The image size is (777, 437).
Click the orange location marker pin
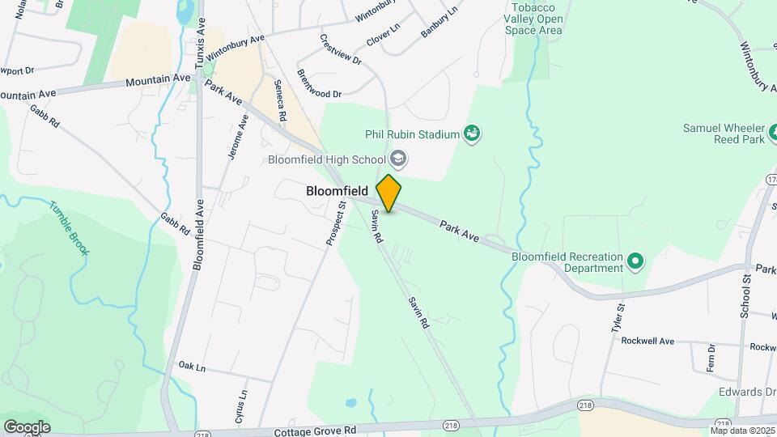[x=389, y=193]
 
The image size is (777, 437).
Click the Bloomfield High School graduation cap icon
[x=397, y=158]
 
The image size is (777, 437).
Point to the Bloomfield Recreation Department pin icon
[x=635, y=261]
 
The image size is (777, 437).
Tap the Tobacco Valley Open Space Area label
[x=533, y=19]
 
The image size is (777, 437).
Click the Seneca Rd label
[x=280, y=100]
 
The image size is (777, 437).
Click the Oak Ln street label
[x=193, y=367]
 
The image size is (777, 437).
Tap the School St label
[x=745, y=295]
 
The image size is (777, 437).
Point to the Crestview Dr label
[x=340, y=49]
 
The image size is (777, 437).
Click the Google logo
[x=27, y=427]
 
